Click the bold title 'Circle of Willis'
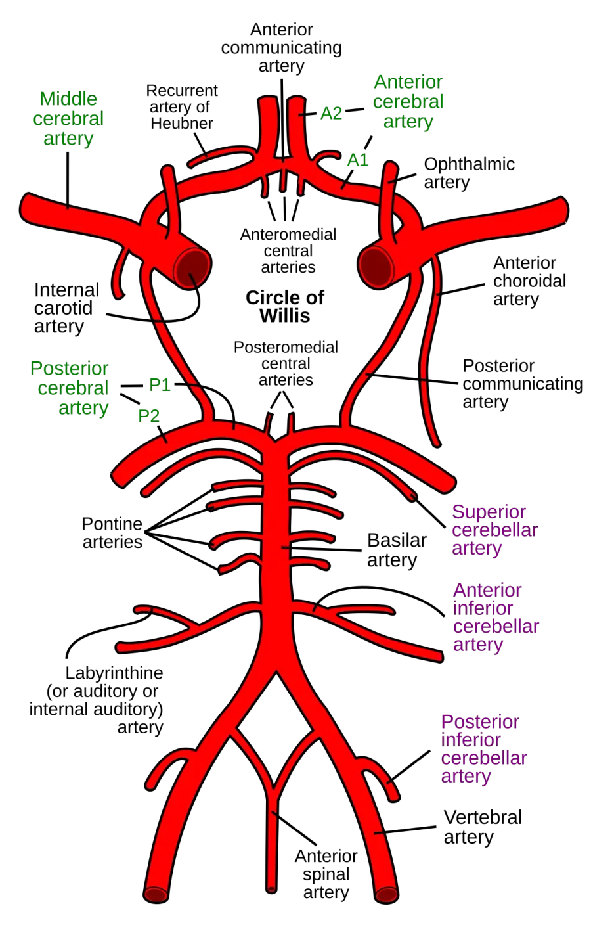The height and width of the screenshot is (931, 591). coord(285,306)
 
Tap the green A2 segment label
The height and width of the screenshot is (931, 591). coord(331,113)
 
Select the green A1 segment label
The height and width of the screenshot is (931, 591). coord(358,160)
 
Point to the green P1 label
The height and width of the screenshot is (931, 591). coord(160,385)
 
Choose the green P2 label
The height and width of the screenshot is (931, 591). coord(148,416)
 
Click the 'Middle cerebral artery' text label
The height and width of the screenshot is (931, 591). coord(68,119)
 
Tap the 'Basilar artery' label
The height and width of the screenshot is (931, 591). coord(397,550)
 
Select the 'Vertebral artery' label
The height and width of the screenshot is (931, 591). coord(483,827)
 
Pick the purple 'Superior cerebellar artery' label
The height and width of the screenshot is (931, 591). coord(494,530)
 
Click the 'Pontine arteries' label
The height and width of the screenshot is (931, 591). coord(112,533)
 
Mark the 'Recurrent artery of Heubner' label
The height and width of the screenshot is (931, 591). coord(182,107)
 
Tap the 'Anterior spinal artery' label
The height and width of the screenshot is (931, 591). coord(326,874)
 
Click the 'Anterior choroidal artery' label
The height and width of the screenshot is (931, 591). coord(529,281)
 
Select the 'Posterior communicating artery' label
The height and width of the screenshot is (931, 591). coord(523,384)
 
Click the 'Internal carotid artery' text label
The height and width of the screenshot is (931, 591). coord(66,308)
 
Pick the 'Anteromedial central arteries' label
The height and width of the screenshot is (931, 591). coord(288,250)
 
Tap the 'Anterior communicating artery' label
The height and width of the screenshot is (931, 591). coord(282,48)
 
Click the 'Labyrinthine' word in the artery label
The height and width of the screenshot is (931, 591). coord(114,673)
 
